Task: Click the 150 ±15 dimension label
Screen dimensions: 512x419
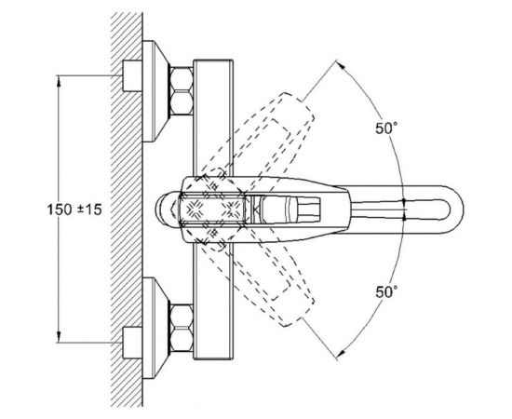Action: click(x=74, y=209)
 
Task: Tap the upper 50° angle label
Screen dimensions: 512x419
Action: click(x=386, y=128)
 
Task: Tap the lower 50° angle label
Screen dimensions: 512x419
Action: click(x=386, y=291)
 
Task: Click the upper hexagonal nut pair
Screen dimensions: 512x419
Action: click(x=182, y=91)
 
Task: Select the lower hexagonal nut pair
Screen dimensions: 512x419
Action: click(x=182, y=328)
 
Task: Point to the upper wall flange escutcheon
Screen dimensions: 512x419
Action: click(x=155, y=91)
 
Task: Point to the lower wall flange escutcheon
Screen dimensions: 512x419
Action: click(x=155, y=328)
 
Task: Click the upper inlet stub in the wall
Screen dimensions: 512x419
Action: click(x=132, y=75)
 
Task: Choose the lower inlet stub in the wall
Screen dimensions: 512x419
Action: click(x=132, y=343)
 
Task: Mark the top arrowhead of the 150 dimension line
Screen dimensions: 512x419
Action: click(x=59, y=81)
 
